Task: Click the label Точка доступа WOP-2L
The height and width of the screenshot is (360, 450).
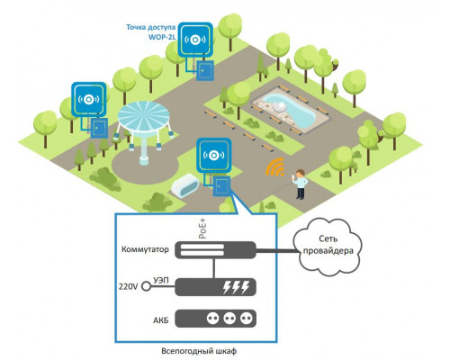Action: [x=151, y=32]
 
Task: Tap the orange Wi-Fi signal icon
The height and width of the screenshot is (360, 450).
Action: [x=275, y=167]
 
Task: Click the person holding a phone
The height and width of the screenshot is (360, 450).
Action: [x=300, y=184]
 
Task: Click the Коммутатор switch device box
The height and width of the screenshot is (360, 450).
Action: [x=215, y=250]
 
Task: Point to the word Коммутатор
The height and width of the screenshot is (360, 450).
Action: [x=145, y=249]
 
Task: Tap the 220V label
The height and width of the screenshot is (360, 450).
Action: [x=128, y=287]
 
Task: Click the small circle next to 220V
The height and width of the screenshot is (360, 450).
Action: [x=146, y=286]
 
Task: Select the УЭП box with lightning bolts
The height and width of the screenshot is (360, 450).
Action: [x=215, y=287]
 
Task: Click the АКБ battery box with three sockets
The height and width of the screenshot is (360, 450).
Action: [x=215, y=319]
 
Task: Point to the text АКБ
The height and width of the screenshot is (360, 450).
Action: [x=161, y=320]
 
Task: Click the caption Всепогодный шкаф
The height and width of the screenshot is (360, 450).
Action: [x=199, y=351]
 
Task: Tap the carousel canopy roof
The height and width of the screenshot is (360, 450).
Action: [x=144, y=116]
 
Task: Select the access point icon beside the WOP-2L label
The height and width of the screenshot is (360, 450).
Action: [x=195, y=40]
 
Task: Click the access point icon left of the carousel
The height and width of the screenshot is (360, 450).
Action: [x=89, y=99]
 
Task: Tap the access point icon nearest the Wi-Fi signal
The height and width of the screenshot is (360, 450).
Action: [x=214, y=155]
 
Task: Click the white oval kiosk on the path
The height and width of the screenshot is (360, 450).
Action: [x=184, y=184]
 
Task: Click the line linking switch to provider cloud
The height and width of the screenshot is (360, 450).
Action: [x=277, y=250]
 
